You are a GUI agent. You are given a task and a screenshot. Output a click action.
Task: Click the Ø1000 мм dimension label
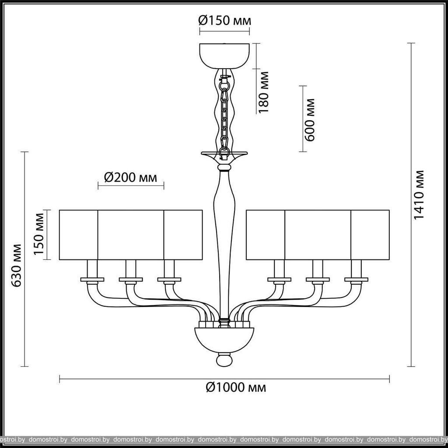(236, 388)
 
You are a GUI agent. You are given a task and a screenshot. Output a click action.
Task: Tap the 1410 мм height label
(419, 195)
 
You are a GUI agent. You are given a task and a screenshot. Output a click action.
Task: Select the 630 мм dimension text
(17, 266)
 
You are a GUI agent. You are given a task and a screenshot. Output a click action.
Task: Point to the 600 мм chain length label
(309, 120)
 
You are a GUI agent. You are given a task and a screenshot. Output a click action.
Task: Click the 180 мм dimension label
(263, 92)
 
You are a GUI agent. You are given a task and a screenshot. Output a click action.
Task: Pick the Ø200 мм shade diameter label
(130, 178)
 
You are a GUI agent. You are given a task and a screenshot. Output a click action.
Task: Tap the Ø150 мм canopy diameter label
(225, 21)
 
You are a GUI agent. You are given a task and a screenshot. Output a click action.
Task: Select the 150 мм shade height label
(39, 234)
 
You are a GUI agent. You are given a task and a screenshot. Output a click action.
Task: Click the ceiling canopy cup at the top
(224, 56)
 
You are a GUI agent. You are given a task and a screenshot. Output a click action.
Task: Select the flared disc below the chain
(224, 155)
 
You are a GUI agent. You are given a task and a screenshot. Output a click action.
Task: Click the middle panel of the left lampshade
(131, 235)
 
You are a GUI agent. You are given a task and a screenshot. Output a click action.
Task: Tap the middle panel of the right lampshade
(318, 235)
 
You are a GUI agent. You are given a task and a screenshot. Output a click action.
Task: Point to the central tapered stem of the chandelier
(224, 243)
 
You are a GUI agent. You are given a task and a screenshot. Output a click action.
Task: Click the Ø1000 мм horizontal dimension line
(224, 379)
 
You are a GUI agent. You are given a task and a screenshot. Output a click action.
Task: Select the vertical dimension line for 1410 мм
(411, 205)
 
